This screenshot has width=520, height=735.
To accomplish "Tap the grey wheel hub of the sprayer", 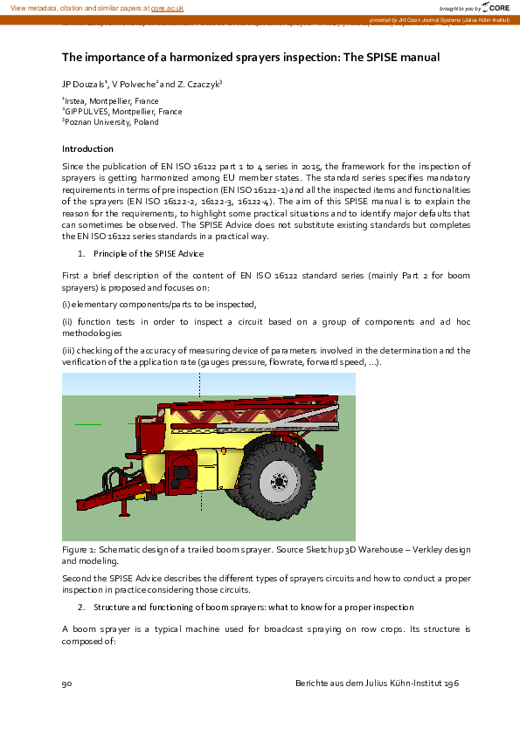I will tap(279, 482).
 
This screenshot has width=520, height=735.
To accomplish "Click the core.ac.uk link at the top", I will tap(168, 8).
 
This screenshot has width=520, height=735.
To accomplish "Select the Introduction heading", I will tap(87, 148).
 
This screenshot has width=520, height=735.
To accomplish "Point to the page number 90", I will tap(66, 683).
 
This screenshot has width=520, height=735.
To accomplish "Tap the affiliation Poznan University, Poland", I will tap(112, 122).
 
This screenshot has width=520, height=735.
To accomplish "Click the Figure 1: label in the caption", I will tap(81, 551).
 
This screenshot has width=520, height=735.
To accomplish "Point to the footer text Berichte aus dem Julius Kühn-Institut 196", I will tap(378, 683).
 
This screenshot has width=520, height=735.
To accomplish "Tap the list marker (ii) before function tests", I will tap(67, 322).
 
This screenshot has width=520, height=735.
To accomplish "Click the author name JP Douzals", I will tap(82, 85).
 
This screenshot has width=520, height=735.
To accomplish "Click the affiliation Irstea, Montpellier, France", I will tap(113, 101).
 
